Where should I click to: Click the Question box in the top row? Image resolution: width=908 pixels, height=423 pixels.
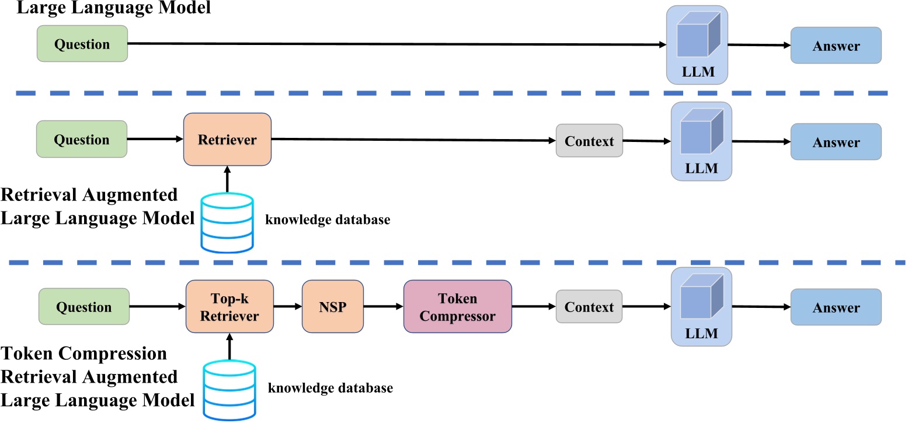click(x=82, y=44)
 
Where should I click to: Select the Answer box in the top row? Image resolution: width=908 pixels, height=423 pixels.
click(x=836, y=45)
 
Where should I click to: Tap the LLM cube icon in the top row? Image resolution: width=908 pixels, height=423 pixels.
click(x=695, y=36)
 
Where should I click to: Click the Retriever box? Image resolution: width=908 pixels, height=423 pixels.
click(x=227, y=140)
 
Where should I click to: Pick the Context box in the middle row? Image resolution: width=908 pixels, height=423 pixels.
click(x=589, y=140)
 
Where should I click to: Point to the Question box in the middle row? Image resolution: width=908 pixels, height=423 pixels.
click(x=82, y=140)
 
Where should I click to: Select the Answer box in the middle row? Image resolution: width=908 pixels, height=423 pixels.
click(x=836, y=141)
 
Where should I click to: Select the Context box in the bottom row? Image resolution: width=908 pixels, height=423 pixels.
click(x=589, y=307)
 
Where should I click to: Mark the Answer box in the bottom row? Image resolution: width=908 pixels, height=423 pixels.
click(x=836, y=307)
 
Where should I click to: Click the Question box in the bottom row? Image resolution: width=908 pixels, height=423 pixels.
click(x=83, y=307)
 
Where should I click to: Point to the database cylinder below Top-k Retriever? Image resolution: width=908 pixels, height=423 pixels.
click(x=229, y=389)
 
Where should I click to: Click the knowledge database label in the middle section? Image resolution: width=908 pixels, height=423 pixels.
click(x=328, y=220)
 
